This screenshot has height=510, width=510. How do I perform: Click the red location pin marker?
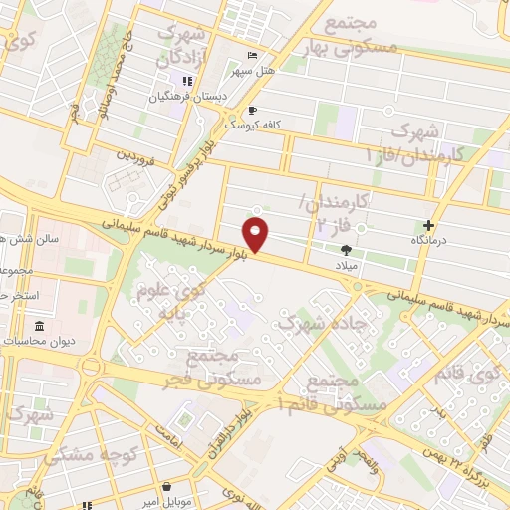pyautogui.click(x=258, y=235)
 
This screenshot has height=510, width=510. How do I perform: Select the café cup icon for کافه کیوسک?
pyautogui.click(x=252, y=110)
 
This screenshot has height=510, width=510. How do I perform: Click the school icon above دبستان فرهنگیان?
pyautogui.click(x=185, y=82)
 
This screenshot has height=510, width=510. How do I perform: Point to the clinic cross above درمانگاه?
pyautogui.click(x=429, y=226)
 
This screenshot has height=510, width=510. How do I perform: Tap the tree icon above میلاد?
pyautogui.click(x=346, y=252)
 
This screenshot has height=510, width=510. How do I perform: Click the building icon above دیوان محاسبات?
pyautogui.click(x=39, y=327)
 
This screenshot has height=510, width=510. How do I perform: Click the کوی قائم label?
pyautogui.click(x=482, y=378)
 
